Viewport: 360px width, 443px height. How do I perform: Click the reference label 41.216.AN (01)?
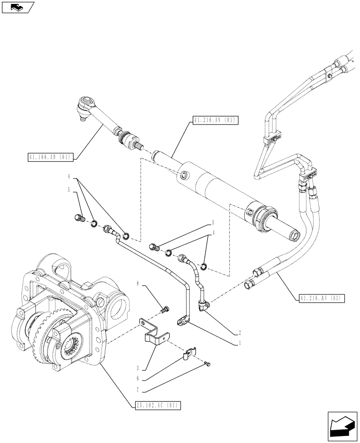pyautogui.click(x=216, y=120)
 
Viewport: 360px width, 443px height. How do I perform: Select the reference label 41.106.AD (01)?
pyautogui.click(x=50, y=156)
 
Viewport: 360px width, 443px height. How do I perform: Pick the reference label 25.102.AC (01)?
pyautogui.click(x=157, y=405)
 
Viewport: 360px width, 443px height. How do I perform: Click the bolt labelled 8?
pyautogui.click(x=166, y=309)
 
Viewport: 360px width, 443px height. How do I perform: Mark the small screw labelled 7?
pyautogui.click(x=208, y=364)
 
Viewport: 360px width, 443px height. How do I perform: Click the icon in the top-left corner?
pyautogui.click(x=18, y=8)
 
